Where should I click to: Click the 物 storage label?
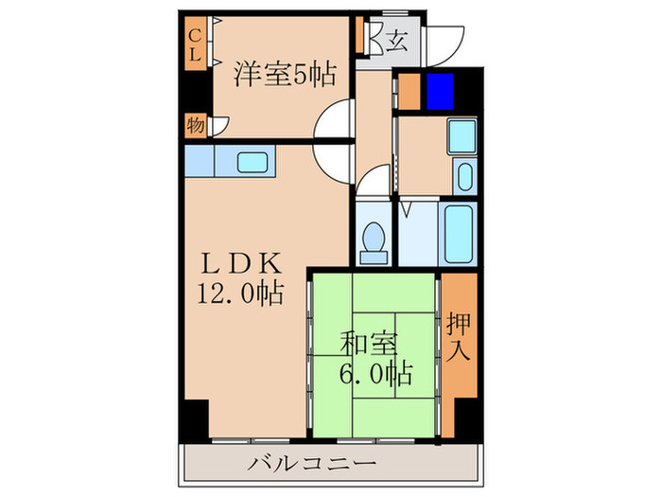194,125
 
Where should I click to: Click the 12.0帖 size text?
240,294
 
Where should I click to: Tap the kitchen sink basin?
253,161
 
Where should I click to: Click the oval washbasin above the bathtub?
463,176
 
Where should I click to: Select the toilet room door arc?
376,180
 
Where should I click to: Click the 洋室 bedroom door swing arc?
334,122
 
